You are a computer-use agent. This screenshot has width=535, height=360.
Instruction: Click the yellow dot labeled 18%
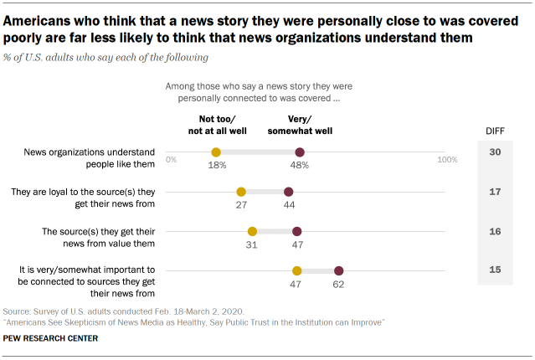click(x=216, y=152)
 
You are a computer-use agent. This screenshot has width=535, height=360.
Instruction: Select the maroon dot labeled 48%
click(x=300, y=152)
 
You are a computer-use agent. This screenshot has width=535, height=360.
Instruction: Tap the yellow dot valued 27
click(x=241, y=192)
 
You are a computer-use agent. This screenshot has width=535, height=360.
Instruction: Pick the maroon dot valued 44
click(x=289, y=192)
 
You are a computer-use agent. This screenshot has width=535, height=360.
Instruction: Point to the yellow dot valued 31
click(x=252, y=231)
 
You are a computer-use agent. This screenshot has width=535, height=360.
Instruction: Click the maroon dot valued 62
click(x=338, y=270)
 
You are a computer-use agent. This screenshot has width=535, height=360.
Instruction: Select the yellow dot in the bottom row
click(x=296, y=270)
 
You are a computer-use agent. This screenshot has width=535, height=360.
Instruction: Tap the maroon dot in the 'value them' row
click(x=296, y=231)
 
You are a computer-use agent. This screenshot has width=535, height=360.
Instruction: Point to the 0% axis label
click(x=172, y=158)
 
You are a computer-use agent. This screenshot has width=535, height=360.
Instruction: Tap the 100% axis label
click(x=447, y=158)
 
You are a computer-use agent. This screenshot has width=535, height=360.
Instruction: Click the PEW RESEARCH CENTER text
click(x=50, y=338)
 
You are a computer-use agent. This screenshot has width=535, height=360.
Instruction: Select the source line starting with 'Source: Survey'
click(x=117, y=310)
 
